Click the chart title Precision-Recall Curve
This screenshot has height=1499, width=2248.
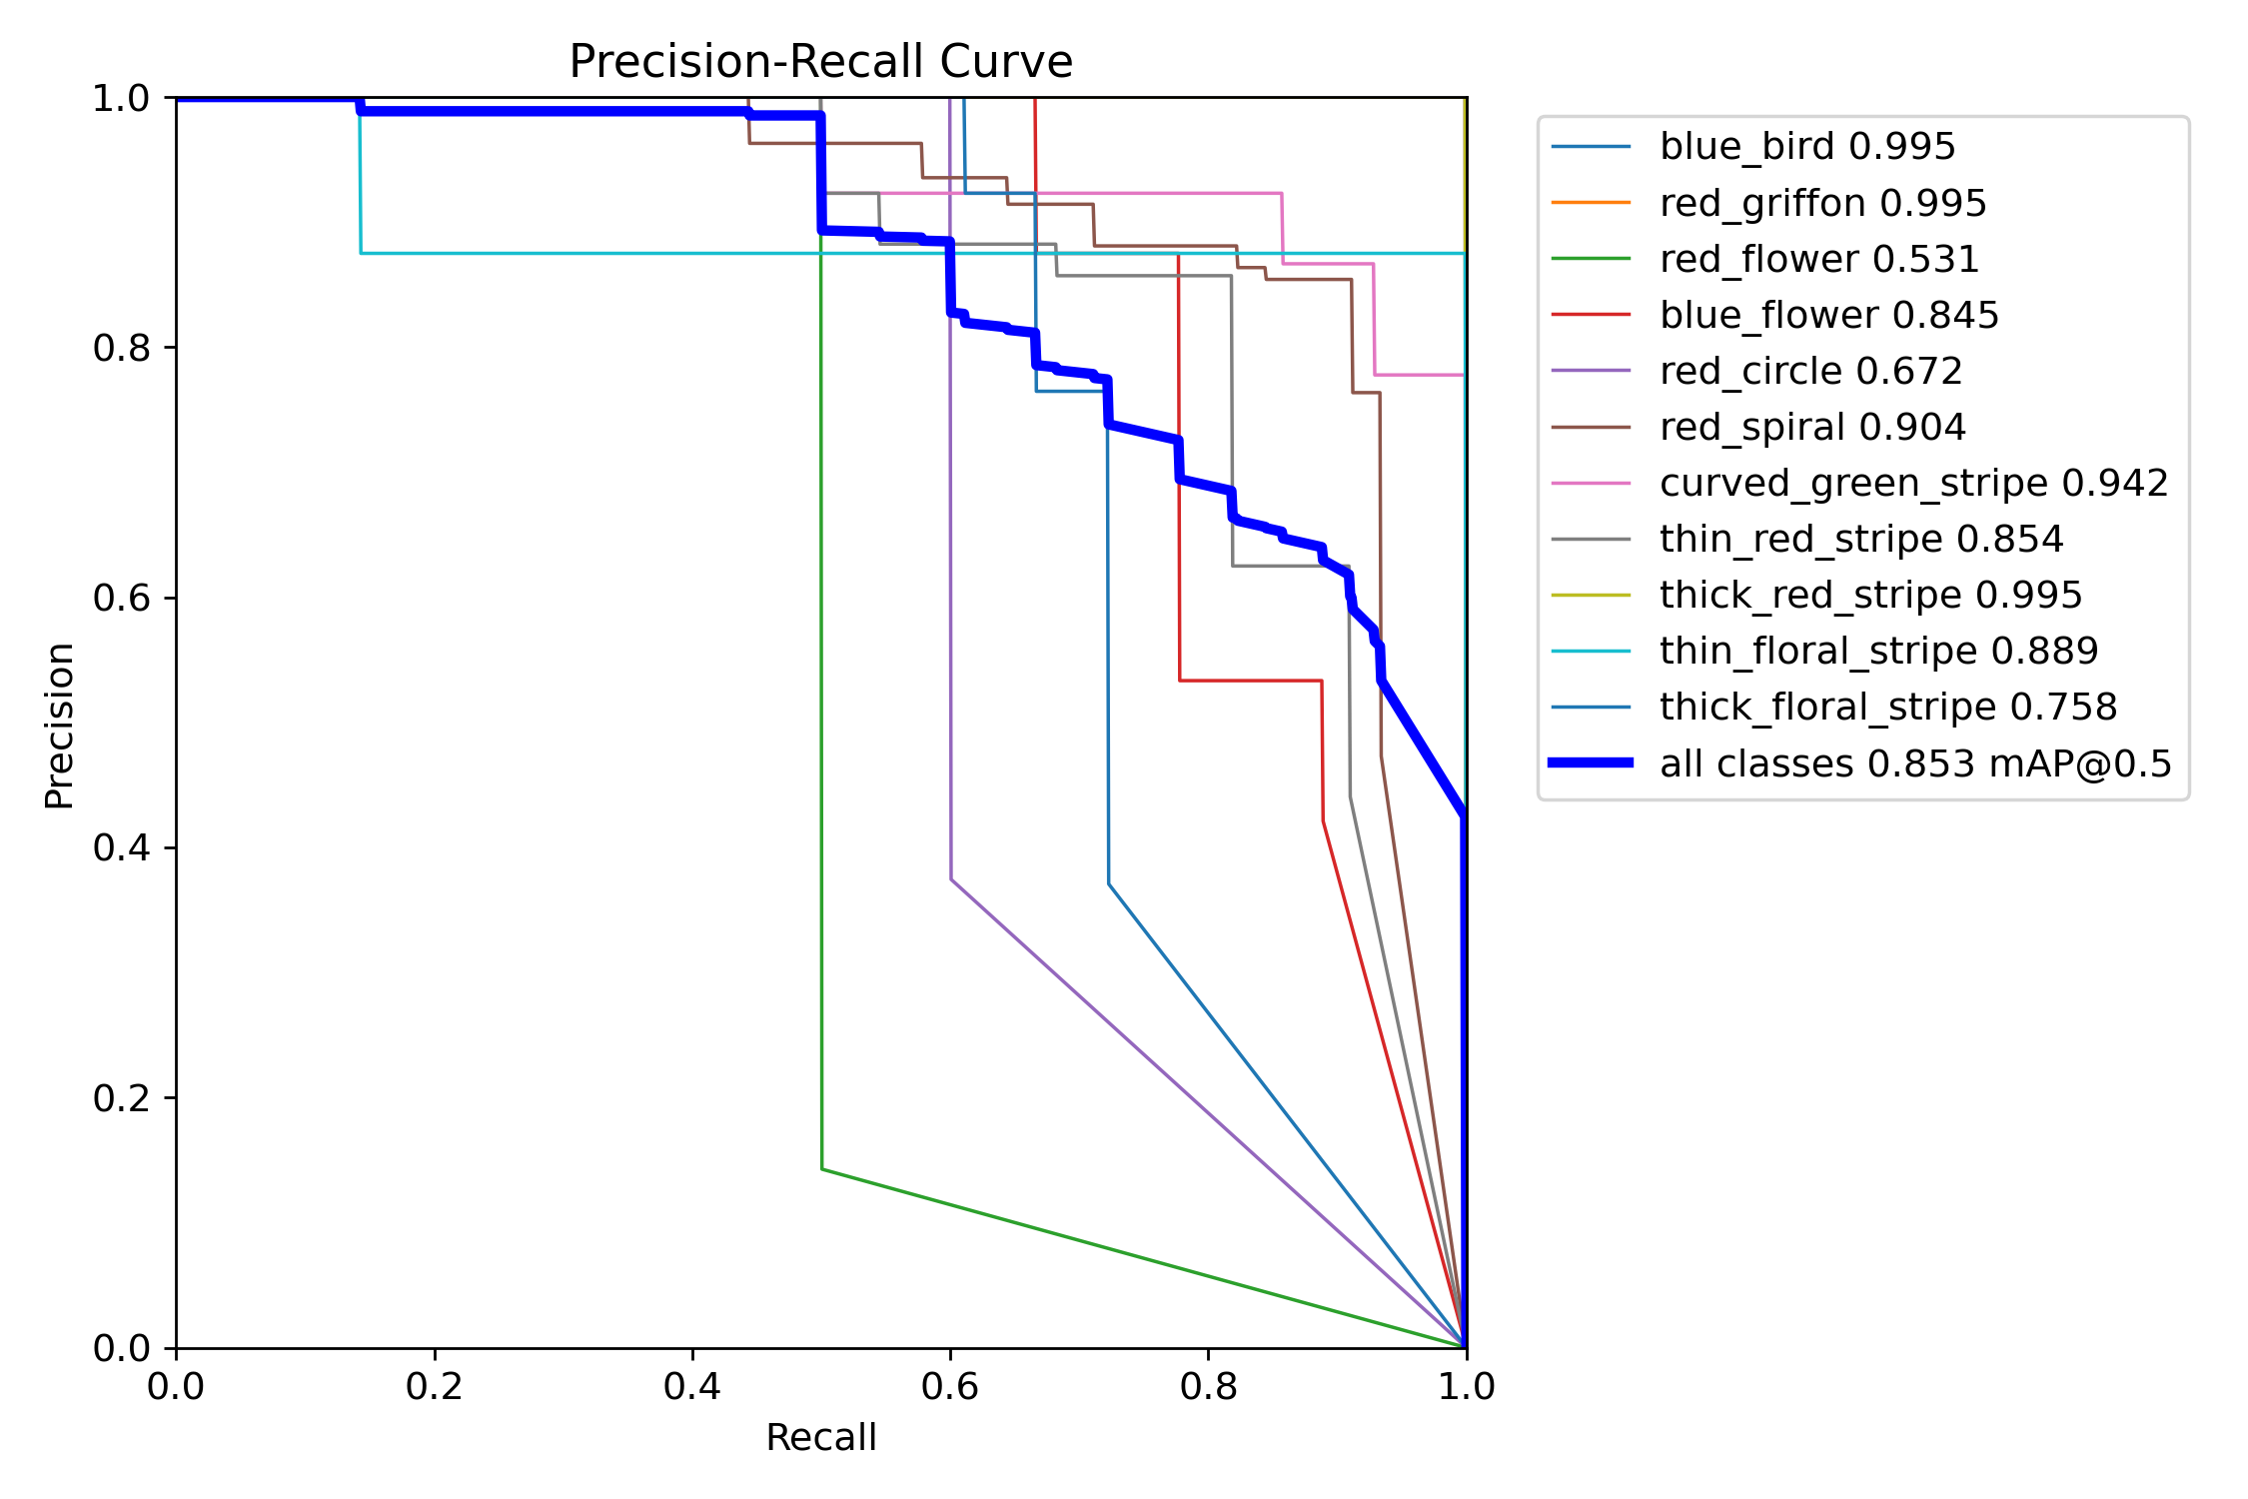820,62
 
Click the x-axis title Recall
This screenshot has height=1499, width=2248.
820,1437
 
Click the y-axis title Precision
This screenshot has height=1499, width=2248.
59,725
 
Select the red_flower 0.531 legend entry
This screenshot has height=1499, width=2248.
1818,260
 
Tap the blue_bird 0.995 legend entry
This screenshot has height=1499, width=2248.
1806,147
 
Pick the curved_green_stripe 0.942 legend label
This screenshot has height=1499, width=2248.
1913,484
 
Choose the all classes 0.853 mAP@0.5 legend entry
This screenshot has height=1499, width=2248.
1915,764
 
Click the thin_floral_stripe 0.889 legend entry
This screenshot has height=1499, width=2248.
1878,652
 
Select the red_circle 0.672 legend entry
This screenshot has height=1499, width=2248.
1810,372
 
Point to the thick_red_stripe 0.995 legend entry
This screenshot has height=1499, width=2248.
1870,596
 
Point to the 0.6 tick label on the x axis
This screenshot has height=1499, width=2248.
950,1386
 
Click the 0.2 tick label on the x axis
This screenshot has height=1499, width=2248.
435,1386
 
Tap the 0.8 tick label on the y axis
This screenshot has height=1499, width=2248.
121,348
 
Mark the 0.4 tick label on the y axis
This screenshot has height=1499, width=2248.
121,848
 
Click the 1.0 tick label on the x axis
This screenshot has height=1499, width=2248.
1466,1386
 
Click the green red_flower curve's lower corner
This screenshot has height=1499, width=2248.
822,1168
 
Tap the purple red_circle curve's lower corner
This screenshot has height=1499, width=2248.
951,879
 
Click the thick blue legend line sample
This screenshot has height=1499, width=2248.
1591,762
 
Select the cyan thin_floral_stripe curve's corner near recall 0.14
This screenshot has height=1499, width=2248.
361,253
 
